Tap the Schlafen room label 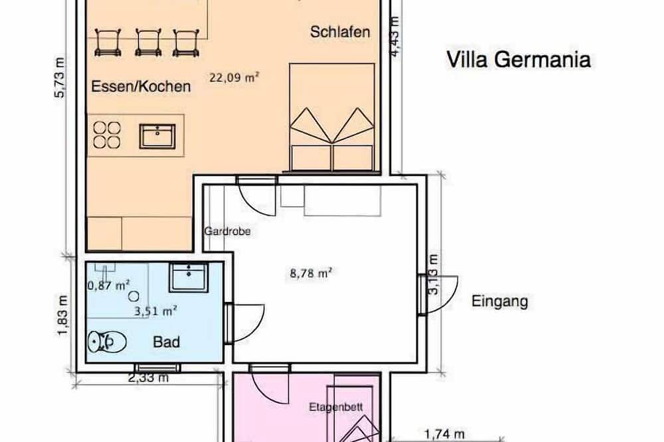340,33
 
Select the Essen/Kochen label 140,86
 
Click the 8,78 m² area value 311,272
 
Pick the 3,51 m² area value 155,309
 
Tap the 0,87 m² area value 108,286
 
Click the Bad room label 167,342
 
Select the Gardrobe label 222,232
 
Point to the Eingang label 499,302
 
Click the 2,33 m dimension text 147,379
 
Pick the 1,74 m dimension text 444,435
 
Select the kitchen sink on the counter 157,136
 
